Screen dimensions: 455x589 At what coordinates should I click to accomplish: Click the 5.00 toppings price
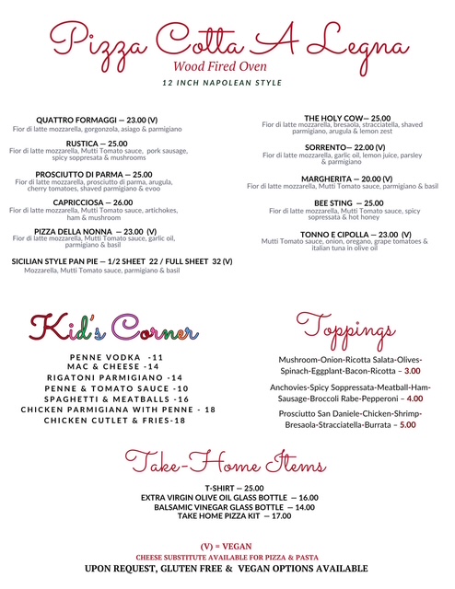408,425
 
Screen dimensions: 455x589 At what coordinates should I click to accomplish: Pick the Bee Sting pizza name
348,203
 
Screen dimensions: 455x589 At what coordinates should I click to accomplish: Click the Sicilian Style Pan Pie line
122,261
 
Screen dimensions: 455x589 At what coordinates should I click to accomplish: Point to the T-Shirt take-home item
234,488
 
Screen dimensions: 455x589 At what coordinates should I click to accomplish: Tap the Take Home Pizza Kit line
234,515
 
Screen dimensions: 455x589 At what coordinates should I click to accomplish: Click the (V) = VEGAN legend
227,547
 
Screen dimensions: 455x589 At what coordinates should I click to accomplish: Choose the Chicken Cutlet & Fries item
116,421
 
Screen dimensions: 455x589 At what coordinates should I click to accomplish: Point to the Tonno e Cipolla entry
348,234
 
